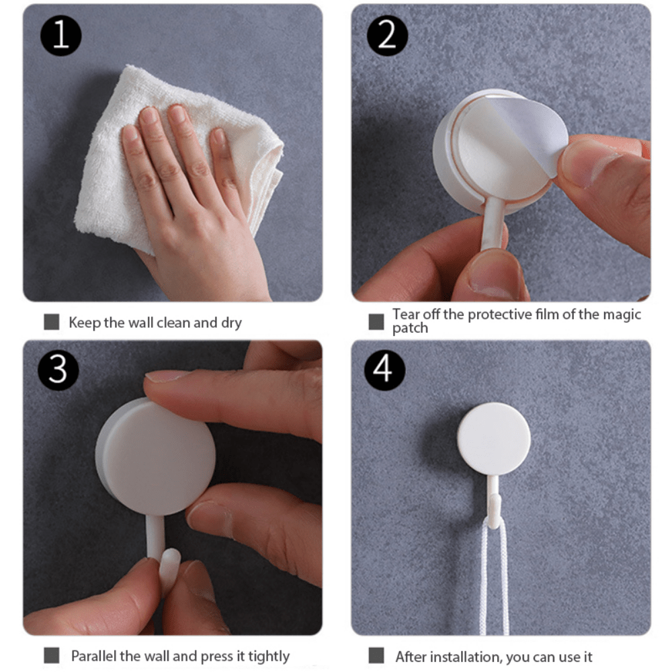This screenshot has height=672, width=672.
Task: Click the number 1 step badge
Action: click(x=61, y=35)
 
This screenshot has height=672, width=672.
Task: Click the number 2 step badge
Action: click(x=386, y=35)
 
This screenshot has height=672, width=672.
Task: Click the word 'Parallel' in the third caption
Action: click(x=95, y=656)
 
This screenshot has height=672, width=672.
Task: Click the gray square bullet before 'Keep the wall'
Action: click(x=51, y=323)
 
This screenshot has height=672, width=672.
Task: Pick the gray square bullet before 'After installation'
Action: click(x=376, y=656)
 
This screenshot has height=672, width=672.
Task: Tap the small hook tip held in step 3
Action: click(x=169, y=564)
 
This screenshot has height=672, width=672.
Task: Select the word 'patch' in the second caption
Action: click(x=410, y=328)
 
